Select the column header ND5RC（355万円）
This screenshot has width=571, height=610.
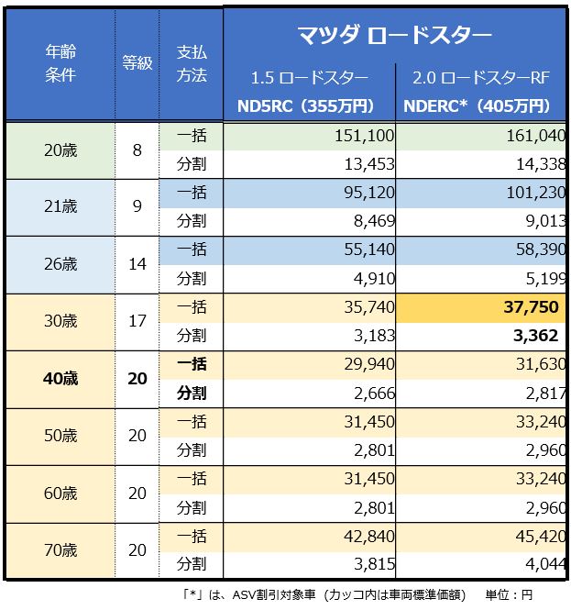coord(305,105)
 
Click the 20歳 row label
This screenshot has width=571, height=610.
coord(60,149)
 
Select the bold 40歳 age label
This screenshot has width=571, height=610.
coord(60,379)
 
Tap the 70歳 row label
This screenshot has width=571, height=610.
coord(60,550)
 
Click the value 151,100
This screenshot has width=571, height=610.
coord(366,135)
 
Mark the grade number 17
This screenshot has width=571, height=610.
coord(137,321)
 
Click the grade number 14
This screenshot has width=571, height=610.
coord(137,264)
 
